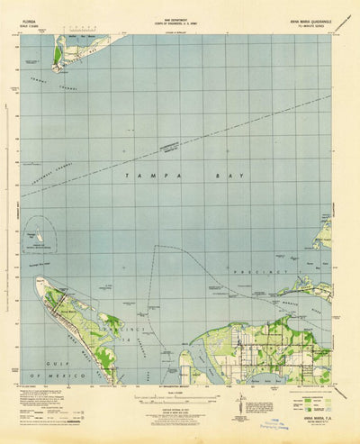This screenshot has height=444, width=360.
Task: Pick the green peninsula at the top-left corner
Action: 58,56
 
